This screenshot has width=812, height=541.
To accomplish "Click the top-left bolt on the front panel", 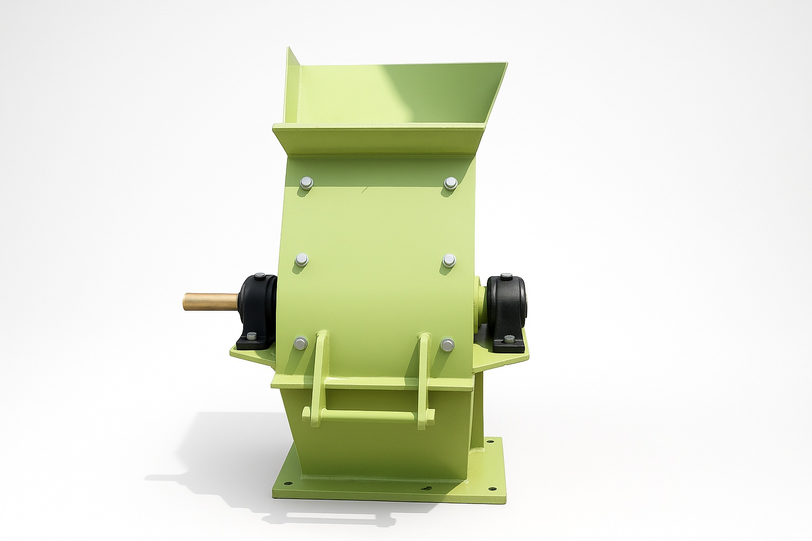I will pos(306,183).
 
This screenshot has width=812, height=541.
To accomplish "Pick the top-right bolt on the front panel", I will pos(450,183).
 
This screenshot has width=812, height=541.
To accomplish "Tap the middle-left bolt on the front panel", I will pos(302,259).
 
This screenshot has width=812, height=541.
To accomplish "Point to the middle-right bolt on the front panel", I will pos(449,259).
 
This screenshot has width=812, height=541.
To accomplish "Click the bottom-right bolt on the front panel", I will pos(448,345).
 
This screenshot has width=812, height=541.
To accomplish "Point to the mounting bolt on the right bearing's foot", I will pos(508,340).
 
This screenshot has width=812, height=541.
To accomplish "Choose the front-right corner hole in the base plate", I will pos(492,489).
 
